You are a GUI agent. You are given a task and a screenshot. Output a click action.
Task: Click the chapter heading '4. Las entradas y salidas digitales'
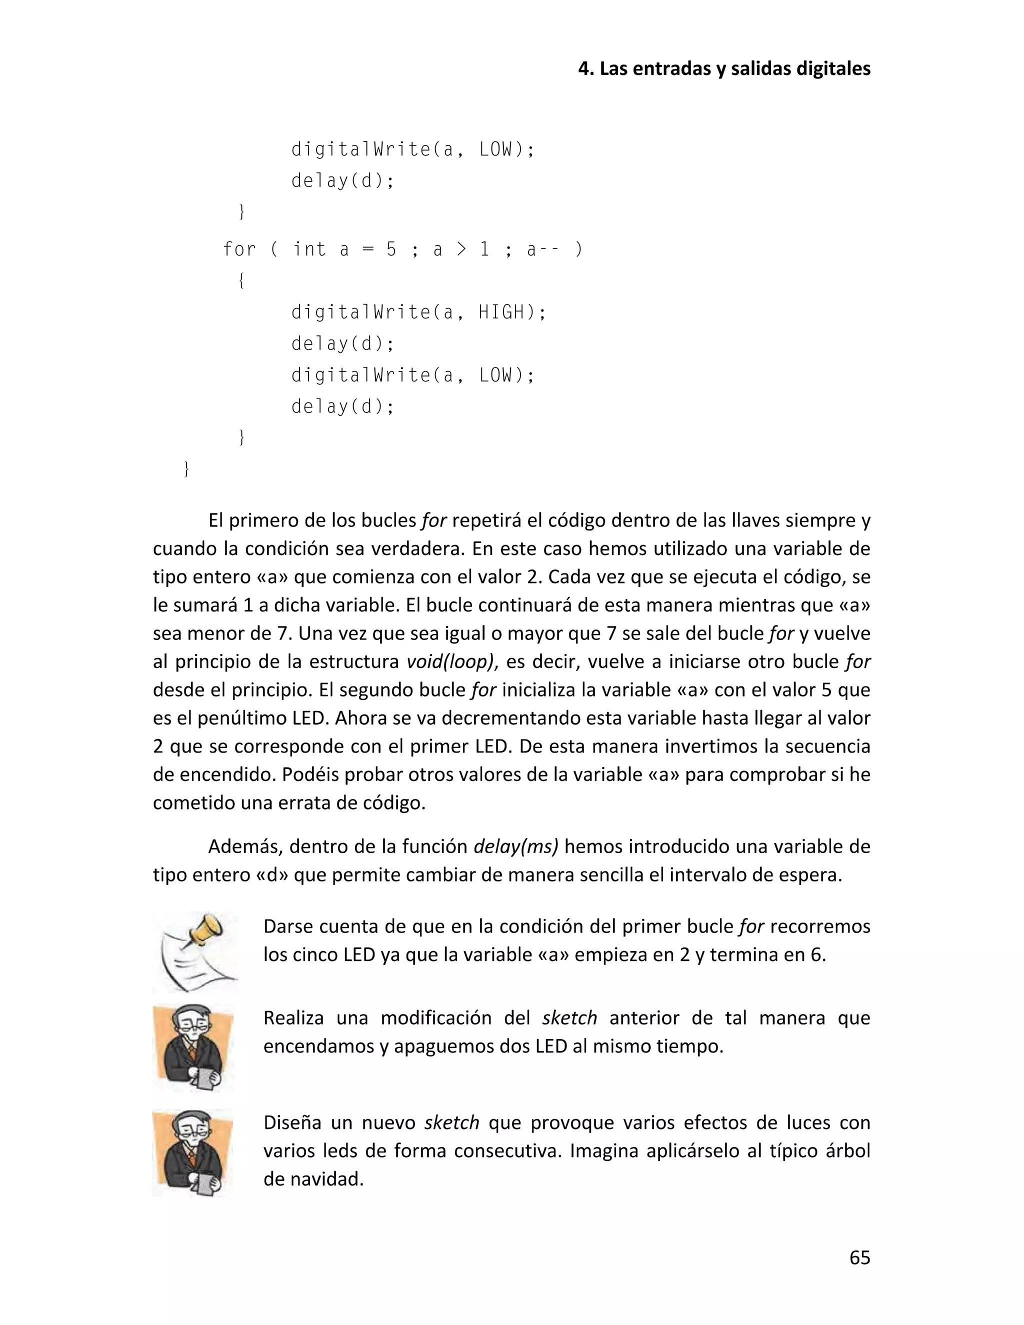point(723,68)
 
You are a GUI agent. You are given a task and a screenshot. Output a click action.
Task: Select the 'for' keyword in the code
point(239,249)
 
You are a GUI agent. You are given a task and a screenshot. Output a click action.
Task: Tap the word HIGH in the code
point(501,312)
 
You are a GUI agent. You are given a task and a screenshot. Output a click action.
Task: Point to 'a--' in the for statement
point(540,249)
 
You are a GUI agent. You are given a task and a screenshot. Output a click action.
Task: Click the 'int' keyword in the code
point(309,249)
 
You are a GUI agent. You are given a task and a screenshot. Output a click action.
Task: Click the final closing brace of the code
point(186,469)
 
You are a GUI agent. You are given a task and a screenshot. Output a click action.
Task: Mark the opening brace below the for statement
point(241,281)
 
